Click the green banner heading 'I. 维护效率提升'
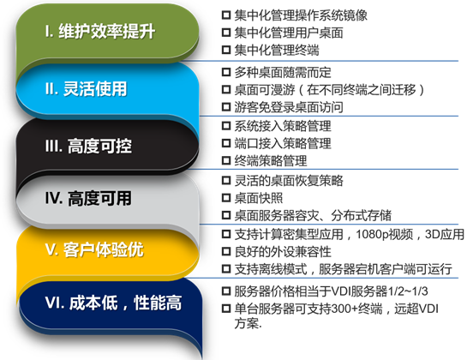[100, 32]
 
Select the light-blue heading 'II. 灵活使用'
[86, 88]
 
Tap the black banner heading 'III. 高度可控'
[88, 146]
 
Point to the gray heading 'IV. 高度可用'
[88, 198]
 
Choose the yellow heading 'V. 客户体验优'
[95, 249]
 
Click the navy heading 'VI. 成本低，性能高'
[113, 303]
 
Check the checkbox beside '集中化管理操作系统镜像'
[226, 15]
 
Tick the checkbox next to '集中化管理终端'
[226, 50]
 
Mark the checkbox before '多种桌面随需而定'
[226, 72]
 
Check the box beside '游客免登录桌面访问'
[226, 106]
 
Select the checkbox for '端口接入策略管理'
[226, 143]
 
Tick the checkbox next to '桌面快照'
[226, 198]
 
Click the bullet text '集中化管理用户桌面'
[289, 33]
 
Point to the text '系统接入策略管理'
[283, 126]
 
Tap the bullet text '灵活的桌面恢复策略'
[289, 181]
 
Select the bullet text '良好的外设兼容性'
[283, 252]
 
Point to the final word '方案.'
[248, 323]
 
